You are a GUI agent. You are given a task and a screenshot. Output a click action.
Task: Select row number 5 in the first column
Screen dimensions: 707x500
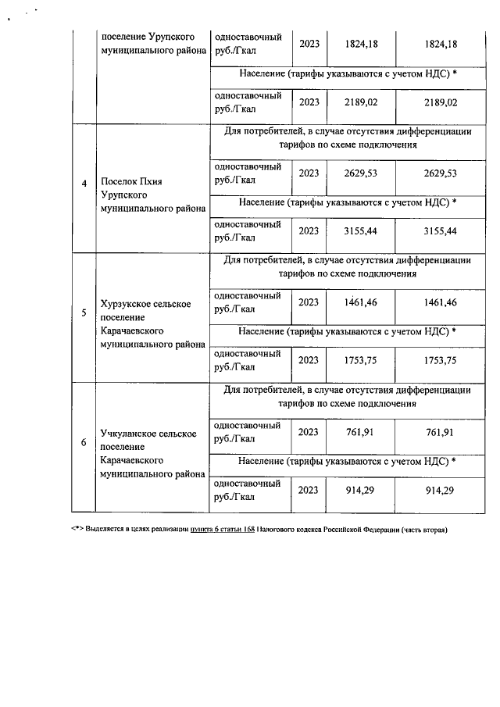pos(84,315)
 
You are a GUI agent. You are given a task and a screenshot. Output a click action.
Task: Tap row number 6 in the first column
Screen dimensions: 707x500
pos(84,444)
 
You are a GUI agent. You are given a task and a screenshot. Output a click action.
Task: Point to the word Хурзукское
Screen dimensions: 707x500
pos(127,304)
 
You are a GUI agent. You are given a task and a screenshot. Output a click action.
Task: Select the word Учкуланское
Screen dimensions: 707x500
pos(130,433)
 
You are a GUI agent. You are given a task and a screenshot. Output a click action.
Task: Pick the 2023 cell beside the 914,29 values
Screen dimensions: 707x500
pos(309,490)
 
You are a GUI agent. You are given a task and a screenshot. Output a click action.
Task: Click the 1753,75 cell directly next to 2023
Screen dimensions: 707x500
pos(361,360)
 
